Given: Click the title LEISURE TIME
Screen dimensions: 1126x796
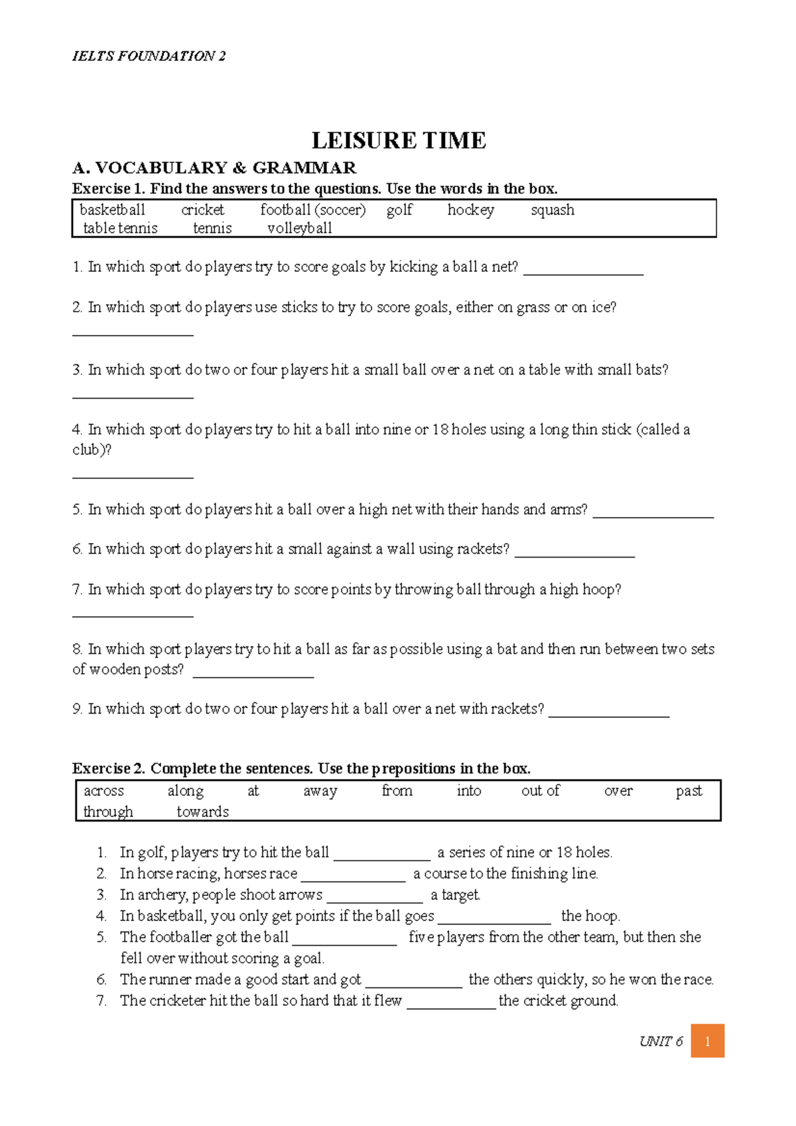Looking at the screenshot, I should pos(399,141).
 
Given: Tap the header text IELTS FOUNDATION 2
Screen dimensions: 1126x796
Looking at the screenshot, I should pos(149,56).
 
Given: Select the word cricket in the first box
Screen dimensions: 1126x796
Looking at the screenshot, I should pos(202,210).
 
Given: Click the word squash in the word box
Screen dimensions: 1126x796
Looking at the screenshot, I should pos(552,210).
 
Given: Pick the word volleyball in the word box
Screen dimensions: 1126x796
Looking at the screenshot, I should pos(299,228).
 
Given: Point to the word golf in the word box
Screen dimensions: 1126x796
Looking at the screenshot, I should pos(399,210).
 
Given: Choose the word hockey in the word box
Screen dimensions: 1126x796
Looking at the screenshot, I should pos(470,210).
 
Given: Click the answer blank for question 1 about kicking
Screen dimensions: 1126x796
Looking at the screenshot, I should pos(583,271).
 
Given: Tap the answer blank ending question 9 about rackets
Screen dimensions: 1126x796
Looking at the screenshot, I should pos(609,713).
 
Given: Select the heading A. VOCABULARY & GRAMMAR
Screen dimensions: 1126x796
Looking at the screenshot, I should pos(214,168).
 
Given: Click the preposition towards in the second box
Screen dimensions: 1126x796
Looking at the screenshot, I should pos(202,812).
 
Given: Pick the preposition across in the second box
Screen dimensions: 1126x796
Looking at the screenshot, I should pos(103,790).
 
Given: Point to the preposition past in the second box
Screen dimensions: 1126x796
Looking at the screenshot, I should pos(689,790).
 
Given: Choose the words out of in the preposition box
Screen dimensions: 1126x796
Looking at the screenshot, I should pos(540,790).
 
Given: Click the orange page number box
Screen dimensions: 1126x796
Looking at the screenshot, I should pos(707,1040).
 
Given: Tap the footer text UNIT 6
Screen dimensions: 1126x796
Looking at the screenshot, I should pos(661,1041).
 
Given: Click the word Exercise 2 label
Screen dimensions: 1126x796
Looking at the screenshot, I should pos(108,769).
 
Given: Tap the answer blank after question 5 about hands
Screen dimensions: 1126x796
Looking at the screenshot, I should pos(653,513).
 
